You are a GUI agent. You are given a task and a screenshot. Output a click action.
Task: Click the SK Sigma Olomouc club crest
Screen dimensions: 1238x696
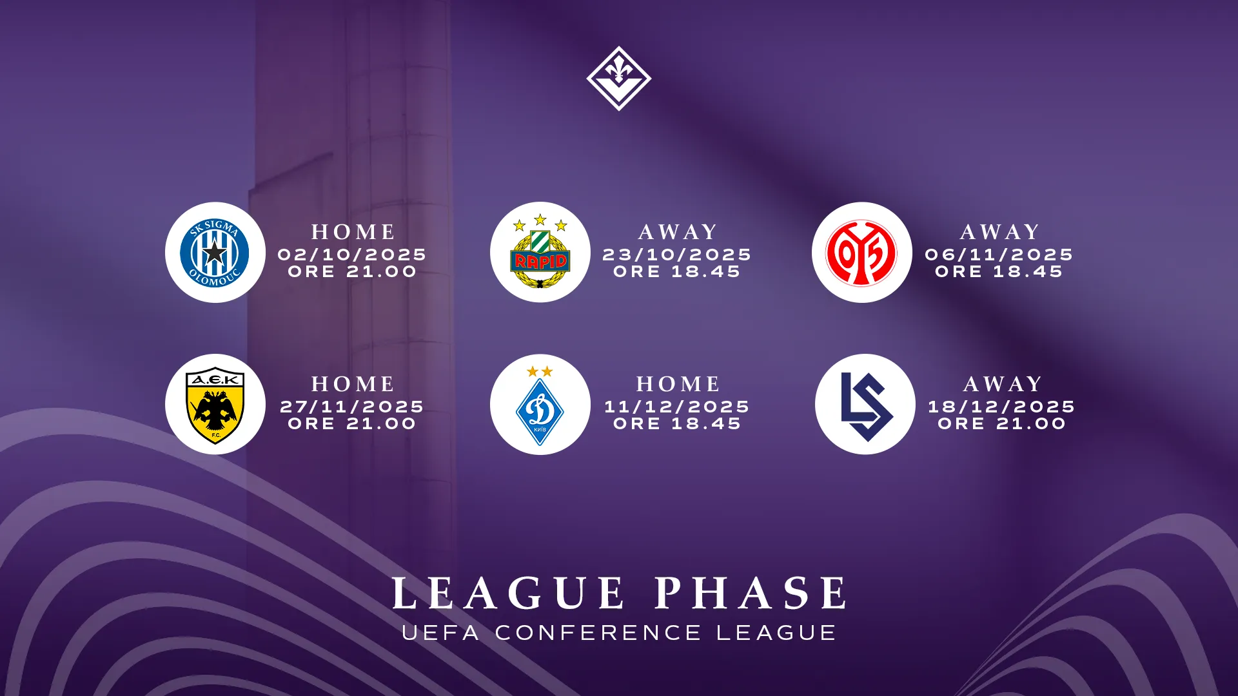click(x=215, y=253)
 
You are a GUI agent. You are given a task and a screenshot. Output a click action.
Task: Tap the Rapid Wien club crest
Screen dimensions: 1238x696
click(x=540, y=252)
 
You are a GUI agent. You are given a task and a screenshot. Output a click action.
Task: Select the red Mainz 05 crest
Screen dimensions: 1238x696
click(x=861, y=253)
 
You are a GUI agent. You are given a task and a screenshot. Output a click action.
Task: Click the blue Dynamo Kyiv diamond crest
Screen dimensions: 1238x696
click(x=540, y=405)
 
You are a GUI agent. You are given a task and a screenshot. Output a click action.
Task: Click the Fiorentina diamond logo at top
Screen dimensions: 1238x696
click(x=619, y=79)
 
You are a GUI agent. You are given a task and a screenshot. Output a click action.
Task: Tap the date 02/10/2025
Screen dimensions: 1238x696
click(x=352, y=255)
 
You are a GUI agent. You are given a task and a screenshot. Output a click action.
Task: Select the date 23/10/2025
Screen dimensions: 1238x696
click(x=677, y=255)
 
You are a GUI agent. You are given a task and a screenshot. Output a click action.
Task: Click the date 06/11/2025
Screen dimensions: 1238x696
click(x=999, y=255)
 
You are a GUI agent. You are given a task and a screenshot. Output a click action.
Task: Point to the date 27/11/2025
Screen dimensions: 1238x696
click(x=352, y=407)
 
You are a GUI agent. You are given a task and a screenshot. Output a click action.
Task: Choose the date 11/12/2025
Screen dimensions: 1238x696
click(x=677, y=407)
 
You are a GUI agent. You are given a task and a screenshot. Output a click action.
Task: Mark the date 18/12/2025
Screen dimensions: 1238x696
click(x=1002, y=407)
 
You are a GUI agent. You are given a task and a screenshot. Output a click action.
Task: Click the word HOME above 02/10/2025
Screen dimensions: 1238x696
click(x=353, y=232)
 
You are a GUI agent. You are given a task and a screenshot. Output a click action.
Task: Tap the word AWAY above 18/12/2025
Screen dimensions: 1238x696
click(x=1003, y=384)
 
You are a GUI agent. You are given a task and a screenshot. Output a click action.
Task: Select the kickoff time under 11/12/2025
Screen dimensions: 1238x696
click(x=677, y=423)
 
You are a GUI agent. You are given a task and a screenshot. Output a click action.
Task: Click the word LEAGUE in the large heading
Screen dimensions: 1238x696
click(x=508, y=593)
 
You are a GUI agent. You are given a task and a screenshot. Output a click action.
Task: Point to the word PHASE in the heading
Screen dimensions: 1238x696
click(x=752, y=593)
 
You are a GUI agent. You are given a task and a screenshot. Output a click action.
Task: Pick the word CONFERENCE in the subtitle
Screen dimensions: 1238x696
click(x=598, y=633)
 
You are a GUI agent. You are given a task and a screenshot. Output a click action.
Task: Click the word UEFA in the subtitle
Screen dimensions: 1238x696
click(x=441, y=633)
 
